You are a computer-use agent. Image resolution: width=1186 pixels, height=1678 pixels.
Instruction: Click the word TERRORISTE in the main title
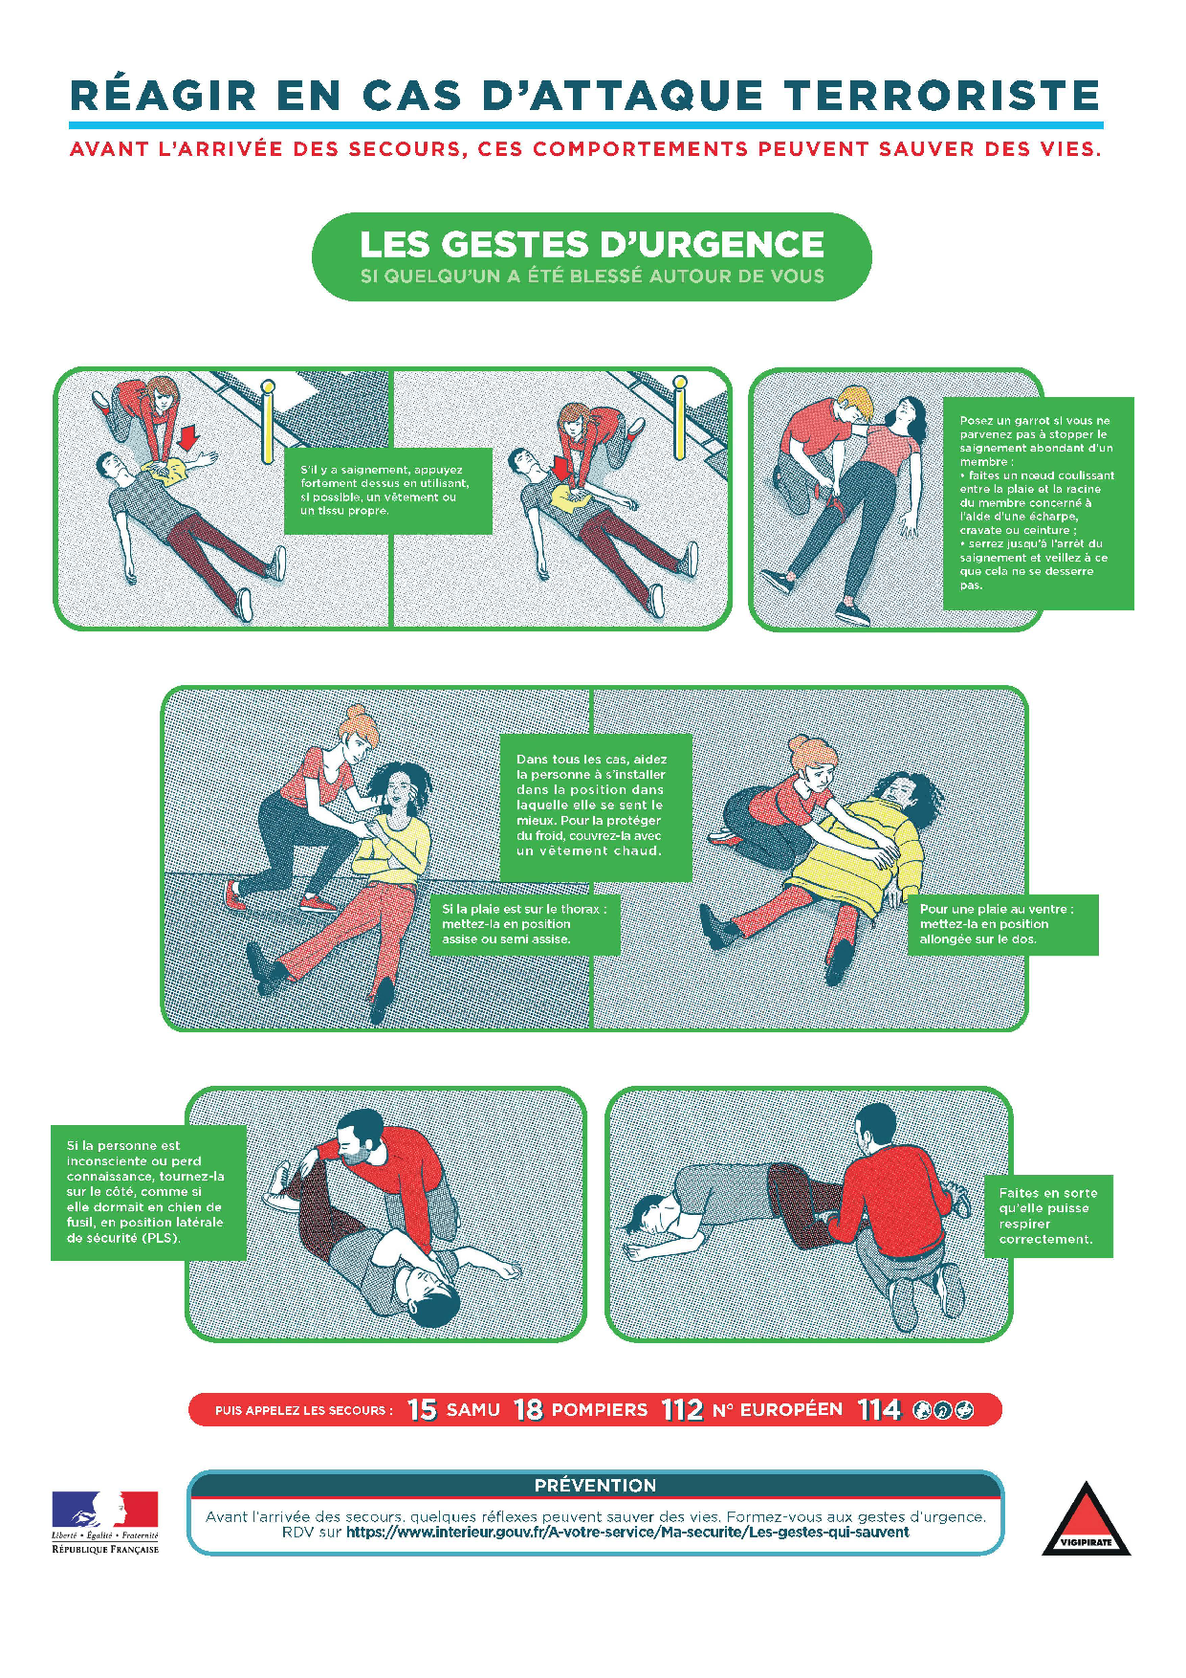click(x=942, y=96)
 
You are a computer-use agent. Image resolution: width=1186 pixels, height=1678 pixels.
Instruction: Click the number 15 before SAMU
click(x=422, y=1409)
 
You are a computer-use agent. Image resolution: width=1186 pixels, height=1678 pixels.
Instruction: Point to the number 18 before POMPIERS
click(x=528, y=1409)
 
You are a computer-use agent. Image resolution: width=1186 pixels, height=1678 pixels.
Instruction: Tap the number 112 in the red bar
click(x=682, y=1409)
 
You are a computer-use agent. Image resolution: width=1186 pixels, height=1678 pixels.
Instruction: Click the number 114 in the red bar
click(x=879, y=1409)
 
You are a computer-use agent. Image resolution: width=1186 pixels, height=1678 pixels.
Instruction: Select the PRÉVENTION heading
click(x=595, y=1485)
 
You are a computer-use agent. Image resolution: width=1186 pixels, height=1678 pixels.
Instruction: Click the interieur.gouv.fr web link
click(x=627, y=1532)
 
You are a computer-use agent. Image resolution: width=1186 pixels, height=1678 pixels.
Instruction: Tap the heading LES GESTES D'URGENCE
click(x=592, y=244)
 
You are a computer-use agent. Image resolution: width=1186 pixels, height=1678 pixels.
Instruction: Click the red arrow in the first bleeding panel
click(x=188, y=437)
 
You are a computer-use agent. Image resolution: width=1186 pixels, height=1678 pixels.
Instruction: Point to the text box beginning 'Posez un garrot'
click(x=1038, y=503)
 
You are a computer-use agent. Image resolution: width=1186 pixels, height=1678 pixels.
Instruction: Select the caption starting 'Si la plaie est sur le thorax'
click(x=525, y=924)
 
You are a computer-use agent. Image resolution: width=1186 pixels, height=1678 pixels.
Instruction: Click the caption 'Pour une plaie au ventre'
click(x=1002, y=924)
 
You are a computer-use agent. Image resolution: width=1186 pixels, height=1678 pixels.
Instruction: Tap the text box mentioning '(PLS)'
click(x=148, y=1192)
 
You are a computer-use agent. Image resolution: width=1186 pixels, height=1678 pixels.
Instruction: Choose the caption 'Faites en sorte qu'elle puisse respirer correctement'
click(x=1048, y=1216)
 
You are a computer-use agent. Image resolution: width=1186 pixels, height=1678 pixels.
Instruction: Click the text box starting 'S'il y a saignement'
click(x=388, y=491)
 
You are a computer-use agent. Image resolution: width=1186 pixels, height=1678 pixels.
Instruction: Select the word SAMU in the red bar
click(x=473, y=1410)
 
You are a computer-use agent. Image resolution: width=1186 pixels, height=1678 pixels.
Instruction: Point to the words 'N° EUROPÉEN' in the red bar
click(x=778, y=1410)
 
